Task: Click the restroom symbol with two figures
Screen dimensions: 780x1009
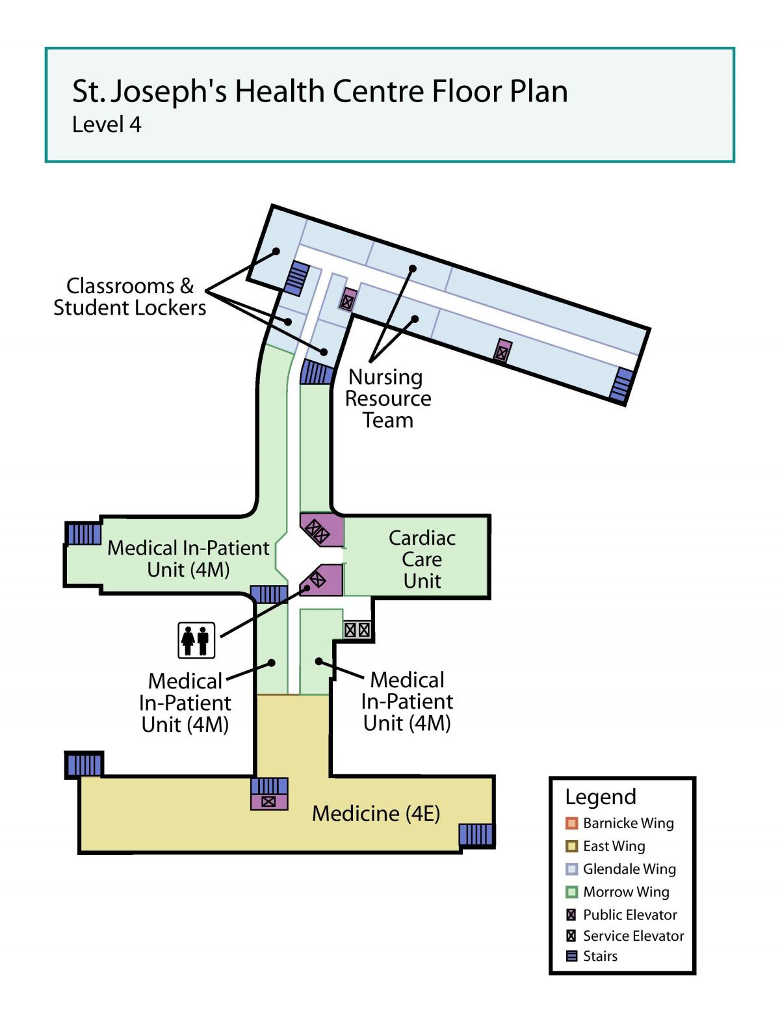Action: tap(196, 640)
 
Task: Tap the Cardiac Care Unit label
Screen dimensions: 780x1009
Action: tap(421, 559)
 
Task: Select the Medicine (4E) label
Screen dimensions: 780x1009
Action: tap(376, 813)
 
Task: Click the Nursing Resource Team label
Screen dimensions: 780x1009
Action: tap(388, 399)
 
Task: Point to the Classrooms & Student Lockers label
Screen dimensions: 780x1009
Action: tap(130, 296)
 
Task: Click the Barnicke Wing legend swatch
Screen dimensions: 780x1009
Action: tap(571, 823)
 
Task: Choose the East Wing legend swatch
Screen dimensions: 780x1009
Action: tap(571, 846)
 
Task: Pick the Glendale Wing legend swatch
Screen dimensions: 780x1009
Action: tap(571, 869)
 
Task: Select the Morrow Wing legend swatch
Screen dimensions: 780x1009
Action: tap(571, 891)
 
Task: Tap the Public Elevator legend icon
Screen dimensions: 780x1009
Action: tap(571, 915)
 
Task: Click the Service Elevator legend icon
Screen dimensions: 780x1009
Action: tap(571, 936)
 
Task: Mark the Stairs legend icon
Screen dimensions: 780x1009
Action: tap(571, 956)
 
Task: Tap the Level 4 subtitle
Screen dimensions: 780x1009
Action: tap(107, 125)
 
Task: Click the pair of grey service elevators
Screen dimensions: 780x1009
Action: tap(357, 630)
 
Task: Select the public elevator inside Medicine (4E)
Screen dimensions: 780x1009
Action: tap(268, 802)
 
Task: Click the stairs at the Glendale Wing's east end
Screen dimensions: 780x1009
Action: tap(621, 384)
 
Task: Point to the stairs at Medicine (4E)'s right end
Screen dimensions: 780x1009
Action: tap(476, 834)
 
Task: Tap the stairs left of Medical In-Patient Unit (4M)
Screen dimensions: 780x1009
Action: tap(84, 534)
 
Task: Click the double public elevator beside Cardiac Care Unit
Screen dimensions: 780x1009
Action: tap(322, 531)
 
